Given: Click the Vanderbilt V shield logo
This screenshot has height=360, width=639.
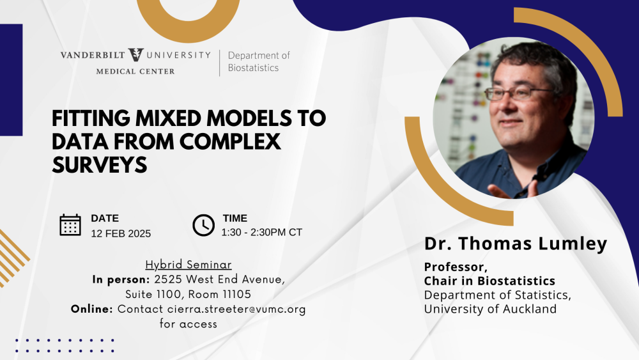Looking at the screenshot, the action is [x=135, y=54].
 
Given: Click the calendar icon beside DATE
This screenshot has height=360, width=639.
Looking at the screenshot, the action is [x=70, y=225].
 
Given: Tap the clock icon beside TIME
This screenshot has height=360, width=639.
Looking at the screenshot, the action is [x=203, y=225].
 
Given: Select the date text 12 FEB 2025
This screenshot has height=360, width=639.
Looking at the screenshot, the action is [x=121, y=233].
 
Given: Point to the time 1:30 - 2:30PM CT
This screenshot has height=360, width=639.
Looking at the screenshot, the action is [x=261, y=232].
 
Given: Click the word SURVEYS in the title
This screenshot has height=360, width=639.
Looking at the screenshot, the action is [x=100, y=165].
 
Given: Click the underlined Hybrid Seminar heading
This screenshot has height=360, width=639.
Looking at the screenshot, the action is [x=189, y=265].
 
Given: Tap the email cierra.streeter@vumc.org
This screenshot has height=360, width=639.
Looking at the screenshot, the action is [x=236, y=309].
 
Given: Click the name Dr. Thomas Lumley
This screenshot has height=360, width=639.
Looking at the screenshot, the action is [x=516, y=244].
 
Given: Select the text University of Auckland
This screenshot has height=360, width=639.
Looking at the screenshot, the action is [x=490, y=309].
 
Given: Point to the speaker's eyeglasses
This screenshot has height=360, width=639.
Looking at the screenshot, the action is [x=518, y=93].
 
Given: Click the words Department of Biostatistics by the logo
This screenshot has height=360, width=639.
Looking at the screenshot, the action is [x=259, y=61].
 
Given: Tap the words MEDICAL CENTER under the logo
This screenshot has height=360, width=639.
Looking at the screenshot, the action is [x=135, y=72].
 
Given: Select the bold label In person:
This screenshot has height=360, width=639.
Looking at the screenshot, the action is [x=121, y=279].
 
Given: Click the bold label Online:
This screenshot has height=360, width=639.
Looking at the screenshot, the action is [x=91, y=309].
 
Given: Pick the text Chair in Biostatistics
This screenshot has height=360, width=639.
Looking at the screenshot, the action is [x=489, y=281].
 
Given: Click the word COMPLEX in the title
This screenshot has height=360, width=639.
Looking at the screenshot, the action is [x=230, y=141].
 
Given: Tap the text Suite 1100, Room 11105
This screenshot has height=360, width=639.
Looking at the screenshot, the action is [x=189, y=294].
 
